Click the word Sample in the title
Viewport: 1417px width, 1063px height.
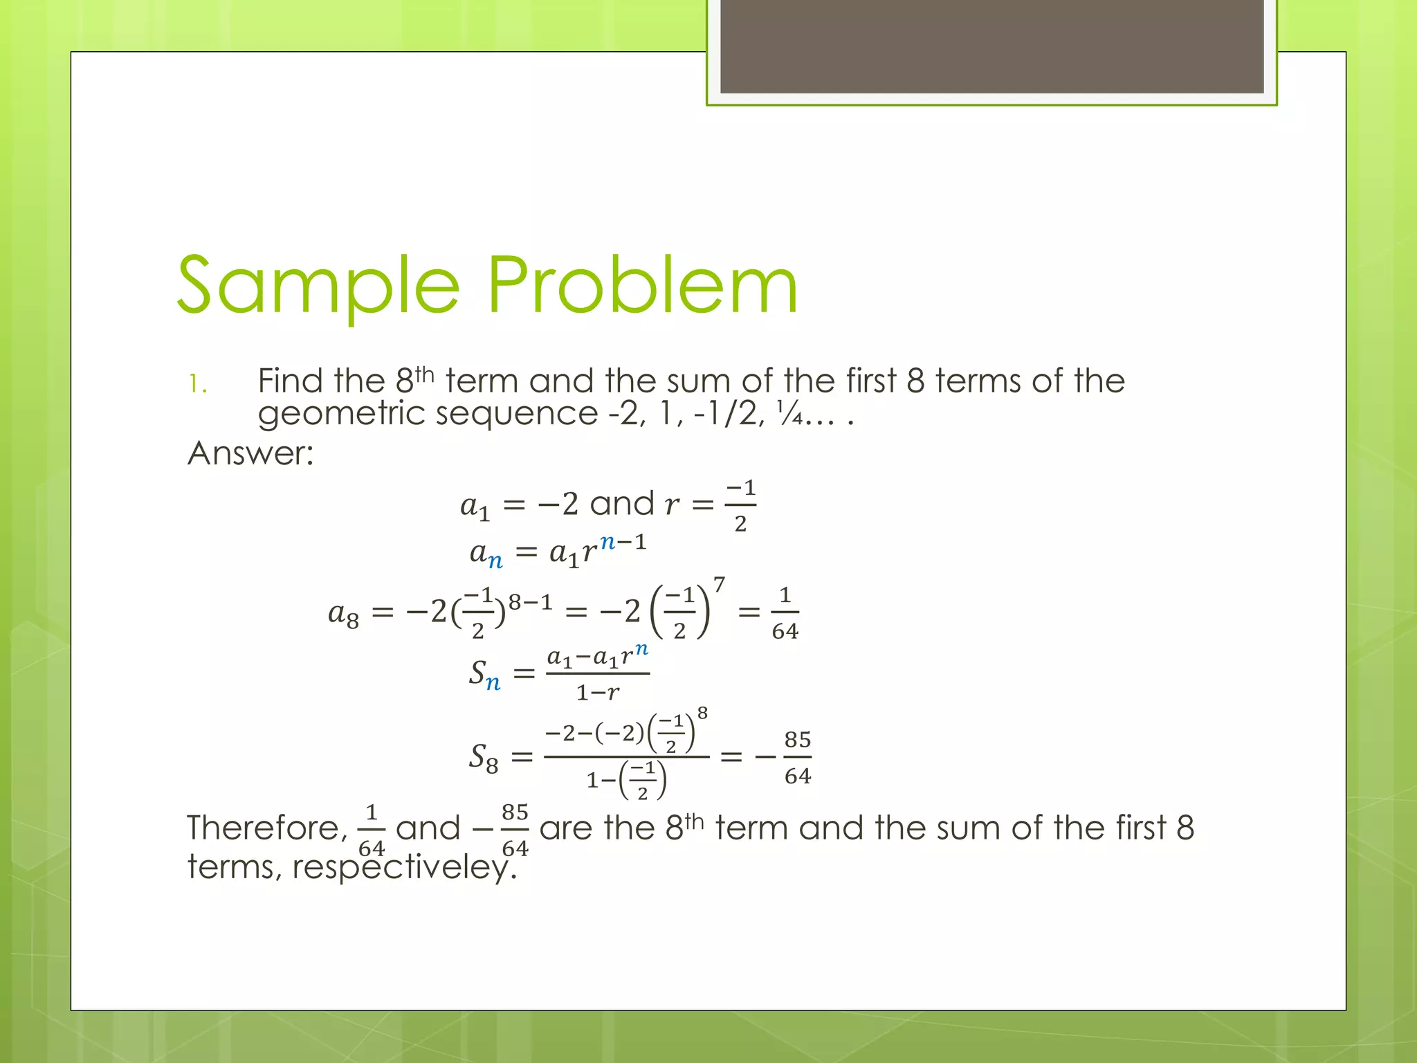[318, 286]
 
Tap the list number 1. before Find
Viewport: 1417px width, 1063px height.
[198, 383]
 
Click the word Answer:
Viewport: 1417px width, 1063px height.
[250, 453]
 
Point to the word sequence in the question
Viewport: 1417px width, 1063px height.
[516, 413]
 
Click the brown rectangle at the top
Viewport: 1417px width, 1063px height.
[991, 46]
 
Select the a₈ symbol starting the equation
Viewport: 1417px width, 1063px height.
[344, 614]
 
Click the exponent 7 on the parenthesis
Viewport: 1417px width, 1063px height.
[719, 585]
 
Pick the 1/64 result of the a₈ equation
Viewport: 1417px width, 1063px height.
[785, 613]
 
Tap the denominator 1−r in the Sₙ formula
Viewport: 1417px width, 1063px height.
[598, 692]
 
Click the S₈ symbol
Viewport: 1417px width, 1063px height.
[483, 757]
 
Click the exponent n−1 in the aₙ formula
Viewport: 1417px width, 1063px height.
[623, 541]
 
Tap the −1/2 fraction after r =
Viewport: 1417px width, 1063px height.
[740, 506]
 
